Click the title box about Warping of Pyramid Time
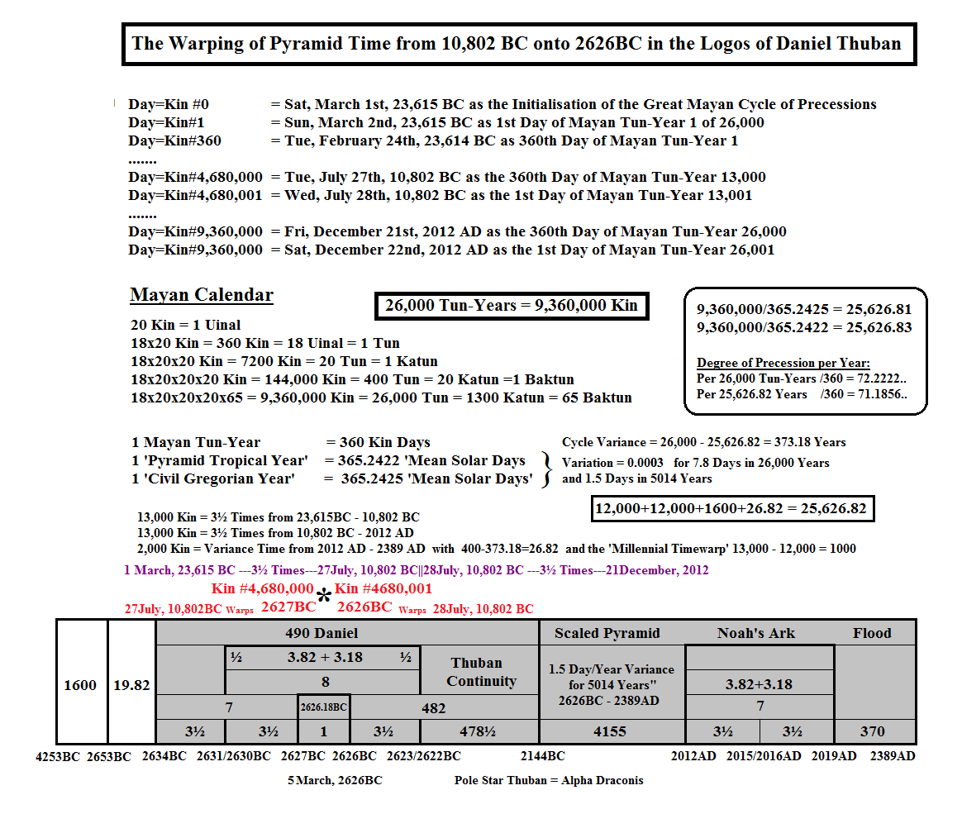pyautogui.click(x=518, y=44)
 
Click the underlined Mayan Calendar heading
pyautogui.click(x=202, y=295)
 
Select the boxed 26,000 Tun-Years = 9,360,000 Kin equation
pyautogui.click(x=512, y=306)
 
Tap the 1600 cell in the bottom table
pyautogui.click(x=80, y=684)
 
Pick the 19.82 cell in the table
pyautogui.click(x=131, y=684)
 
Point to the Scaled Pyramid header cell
pyautogui.click(x=607, y=633)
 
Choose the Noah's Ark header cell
pyautogui.click(x=756, y=633)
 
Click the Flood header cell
pyautogui.click(x=872, y=633)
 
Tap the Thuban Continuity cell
pyautogui.click(x=481, y=672)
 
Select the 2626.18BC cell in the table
pyautogui.click(x=324, y=707)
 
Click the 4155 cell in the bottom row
pyautogui.click(x=610, y=731)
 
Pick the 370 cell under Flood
pyautogui.click(x=872, y=731)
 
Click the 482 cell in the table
pyautogui.click(x=433, y=707)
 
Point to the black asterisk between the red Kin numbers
pyautogui.click(x=325, y=597)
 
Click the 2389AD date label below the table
pyautogui.click(x=893, y=756)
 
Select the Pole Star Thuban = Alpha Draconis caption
pyautogui.click(x=549, y=780)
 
